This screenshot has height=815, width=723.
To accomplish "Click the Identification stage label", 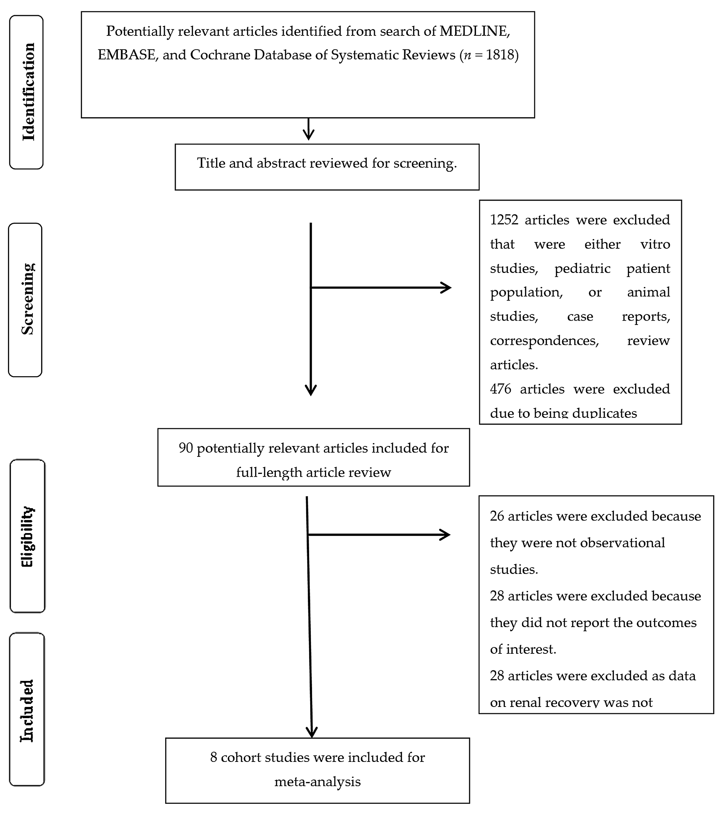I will tap(27, 92).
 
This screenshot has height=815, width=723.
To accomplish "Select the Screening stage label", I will tap(27, 299).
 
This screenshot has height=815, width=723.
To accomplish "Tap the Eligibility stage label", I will tap(27, 536).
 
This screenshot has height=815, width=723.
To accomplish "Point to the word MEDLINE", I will tap(474, 31).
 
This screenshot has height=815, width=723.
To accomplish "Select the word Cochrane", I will tap(220, 55).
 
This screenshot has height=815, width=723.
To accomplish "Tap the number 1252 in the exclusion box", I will tap(504, 220).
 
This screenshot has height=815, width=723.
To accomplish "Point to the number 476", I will tap(500, 389).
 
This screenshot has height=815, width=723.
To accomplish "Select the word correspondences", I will tap(544, 341).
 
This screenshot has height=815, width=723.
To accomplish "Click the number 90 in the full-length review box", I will tap(186, 448).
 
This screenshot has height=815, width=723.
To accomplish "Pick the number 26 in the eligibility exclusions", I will tap(497, 516).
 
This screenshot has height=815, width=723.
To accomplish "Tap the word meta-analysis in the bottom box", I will tap(317, 781).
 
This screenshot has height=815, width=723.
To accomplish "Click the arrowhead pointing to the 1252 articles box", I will tap(447, 287).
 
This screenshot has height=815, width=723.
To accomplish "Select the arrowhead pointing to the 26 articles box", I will tap(446, 535).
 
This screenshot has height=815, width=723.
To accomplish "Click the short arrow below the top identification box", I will tap(308, 130).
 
